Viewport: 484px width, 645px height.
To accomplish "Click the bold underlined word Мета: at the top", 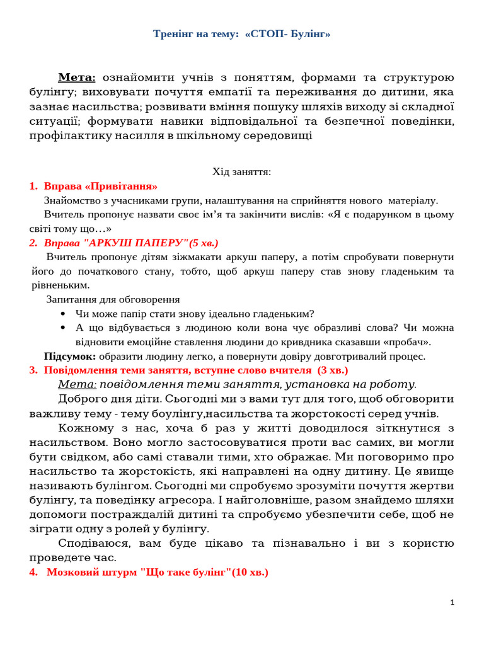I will click(77, 77).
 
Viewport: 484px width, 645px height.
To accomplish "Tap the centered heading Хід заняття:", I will click(241, 171).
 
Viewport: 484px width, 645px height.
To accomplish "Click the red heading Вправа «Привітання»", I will click(101, 186).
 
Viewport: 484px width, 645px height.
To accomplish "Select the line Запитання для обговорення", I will click(113, 299).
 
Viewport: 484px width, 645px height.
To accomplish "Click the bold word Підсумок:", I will click(69, 356).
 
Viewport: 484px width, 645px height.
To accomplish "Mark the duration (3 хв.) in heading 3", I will click(331, 370).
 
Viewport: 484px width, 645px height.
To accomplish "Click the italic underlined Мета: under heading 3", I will click(78, 384).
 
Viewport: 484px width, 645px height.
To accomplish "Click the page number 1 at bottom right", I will click(452, 603).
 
